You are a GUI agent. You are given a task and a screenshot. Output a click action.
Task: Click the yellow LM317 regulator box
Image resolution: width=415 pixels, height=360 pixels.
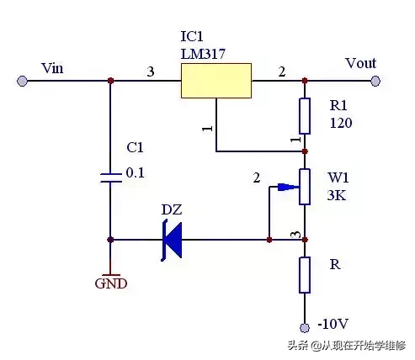216,81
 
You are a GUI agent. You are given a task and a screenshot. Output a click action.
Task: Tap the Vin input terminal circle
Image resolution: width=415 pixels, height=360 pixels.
22,81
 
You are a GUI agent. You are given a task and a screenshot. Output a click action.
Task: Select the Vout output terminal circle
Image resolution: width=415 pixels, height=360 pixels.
375,81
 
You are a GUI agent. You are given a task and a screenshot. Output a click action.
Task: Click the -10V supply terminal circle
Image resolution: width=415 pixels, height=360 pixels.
305,327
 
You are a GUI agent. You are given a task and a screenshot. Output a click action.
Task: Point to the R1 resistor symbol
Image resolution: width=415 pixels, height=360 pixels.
305,116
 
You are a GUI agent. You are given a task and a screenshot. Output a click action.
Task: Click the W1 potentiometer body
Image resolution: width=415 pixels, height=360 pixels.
305,187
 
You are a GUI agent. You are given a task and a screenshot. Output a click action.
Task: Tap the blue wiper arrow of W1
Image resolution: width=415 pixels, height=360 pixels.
288,187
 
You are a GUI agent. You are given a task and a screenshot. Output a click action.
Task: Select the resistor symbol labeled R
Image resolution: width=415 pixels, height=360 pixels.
305,275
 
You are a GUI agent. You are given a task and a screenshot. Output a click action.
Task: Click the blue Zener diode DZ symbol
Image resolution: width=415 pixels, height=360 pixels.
172,241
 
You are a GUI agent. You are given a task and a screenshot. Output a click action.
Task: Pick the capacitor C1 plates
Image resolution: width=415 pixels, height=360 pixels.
111,178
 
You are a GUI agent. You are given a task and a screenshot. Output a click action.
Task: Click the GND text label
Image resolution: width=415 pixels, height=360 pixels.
111,283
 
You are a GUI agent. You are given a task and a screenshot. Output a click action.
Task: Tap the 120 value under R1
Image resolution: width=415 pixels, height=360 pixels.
341,123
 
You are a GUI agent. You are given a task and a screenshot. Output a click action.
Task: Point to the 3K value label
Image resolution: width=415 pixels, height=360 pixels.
337,195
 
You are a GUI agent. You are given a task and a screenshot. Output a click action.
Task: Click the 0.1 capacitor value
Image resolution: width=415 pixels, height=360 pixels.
135,172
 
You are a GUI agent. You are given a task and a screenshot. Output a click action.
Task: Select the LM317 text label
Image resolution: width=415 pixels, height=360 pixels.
203,54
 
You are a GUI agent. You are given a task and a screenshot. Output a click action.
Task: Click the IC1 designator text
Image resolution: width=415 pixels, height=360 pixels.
192,36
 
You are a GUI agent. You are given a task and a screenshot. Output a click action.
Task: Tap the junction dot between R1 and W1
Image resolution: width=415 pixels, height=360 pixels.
305,151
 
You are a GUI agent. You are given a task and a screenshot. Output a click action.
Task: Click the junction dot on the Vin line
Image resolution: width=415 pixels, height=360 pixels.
110,81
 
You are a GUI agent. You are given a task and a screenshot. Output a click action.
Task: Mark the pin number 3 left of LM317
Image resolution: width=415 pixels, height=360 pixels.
151,71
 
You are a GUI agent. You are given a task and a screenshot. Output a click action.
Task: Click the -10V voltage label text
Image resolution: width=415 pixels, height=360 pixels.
333,324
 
